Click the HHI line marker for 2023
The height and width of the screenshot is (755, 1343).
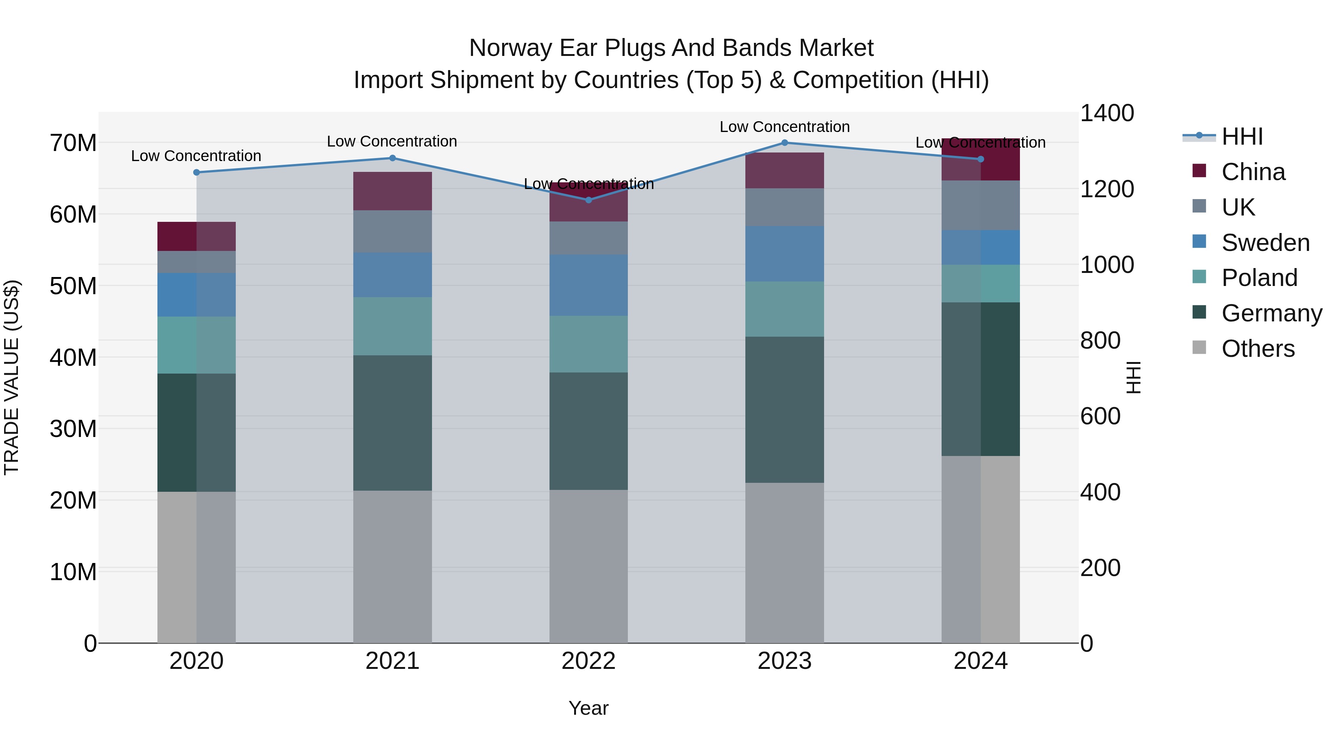click(785, 143)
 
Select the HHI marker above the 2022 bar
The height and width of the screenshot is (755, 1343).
click(589, 200)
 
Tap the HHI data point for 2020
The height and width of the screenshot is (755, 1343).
click(197, 173)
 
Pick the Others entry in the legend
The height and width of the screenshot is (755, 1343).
click(1258, 349)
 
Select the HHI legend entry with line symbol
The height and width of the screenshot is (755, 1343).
click(1242, 136)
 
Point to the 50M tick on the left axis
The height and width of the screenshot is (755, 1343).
click(73, 286)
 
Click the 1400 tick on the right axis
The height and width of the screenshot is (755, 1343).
click(1106, 113)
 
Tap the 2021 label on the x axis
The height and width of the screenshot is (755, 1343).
click(392, 661)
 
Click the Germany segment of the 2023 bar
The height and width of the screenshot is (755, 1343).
click(785, 409)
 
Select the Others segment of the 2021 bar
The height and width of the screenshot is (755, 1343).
click(392, 566)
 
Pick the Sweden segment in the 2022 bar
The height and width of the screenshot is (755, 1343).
click(589, 285)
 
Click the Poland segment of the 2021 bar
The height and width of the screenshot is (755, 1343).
click(392, 326)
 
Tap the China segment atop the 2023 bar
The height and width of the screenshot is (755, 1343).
click(785, 170)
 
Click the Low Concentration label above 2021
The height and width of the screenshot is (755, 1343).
click(392, 141)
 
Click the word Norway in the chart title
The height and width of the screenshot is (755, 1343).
click(511, 48)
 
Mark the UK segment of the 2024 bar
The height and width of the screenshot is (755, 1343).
click(981, 205)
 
